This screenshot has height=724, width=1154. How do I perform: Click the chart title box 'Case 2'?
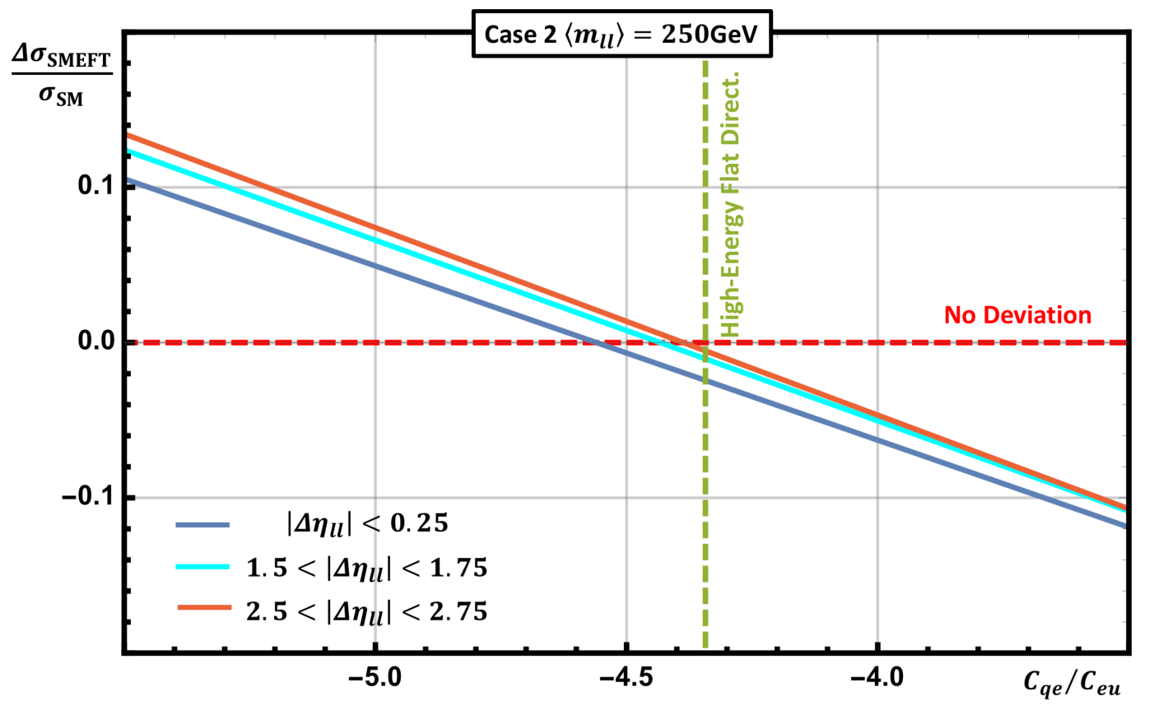(621, 34)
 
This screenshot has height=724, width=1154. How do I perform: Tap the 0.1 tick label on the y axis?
(95, 185)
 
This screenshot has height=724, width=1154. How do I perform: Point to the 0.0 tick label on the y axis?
(95, 341)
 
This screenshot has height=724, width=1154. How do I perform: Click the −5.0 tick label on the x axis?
(375, 676)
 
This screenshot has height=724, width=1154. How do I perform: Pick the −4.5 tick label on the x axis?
(626, 676)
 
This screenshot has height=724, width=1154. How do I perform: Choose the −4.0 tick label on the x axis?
(877, 676)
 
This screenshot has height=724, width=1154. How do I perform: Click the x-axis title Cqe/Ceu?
(1072, 684)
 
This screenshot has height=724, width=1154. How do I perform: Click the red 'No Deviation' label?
(1017, 315)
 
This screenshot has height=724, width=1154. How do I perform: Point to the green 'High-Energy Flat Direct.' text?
(730, 204)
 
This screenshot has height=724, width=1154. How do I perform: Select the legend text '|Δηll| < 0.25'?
(367, 524)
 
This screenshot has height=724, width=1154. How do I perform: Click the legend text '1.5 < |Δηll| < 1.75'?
(367, 569)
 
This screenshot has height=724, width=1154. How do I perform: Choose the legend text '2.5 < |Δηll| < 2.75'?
(367, 612)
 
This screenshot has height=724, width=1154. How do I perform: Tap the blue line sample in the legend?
(202, 525)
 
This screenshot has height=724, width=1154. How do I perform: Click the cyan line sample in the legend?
(202, 566)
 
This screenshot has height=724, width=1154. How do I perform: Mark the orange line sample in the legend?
(204, 607)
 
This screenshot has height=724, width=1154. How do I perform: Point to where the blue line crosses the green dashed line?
(705, 381)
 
